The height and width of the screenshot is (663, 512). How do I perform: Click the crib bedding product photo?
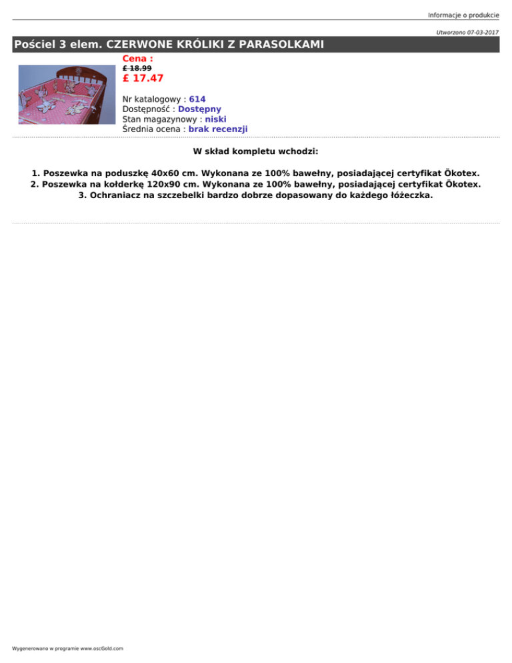(x=65, y=94)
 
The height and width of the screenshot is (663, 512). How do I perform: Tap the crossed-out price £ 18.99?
(x=137, y=68)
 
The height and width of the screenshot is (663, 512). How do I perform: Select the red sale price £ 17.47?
(x=143, y=79)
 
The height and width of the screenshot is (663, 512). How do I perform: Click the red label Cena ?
(x=138, y=59)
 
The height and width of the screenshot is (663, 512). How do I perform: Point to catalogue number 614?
(x=197, y=99)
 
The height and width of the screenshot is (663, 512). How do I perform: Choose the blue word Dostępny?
(x=200, y=109)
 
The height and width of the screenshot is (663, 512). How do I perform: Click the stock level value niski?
(x=215, y=119)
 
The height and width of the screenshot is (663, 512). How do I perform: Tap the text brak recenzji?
(x=218, y=129)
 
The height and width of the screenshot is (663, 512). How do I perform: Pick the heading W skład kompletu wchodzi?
(x=256, y=151)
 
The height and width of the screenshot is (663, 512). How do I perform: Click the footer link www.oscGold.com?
(x=104, y=648)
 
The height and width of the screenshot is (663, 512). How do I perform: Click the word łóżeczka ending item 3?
(x=408, y=195)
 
